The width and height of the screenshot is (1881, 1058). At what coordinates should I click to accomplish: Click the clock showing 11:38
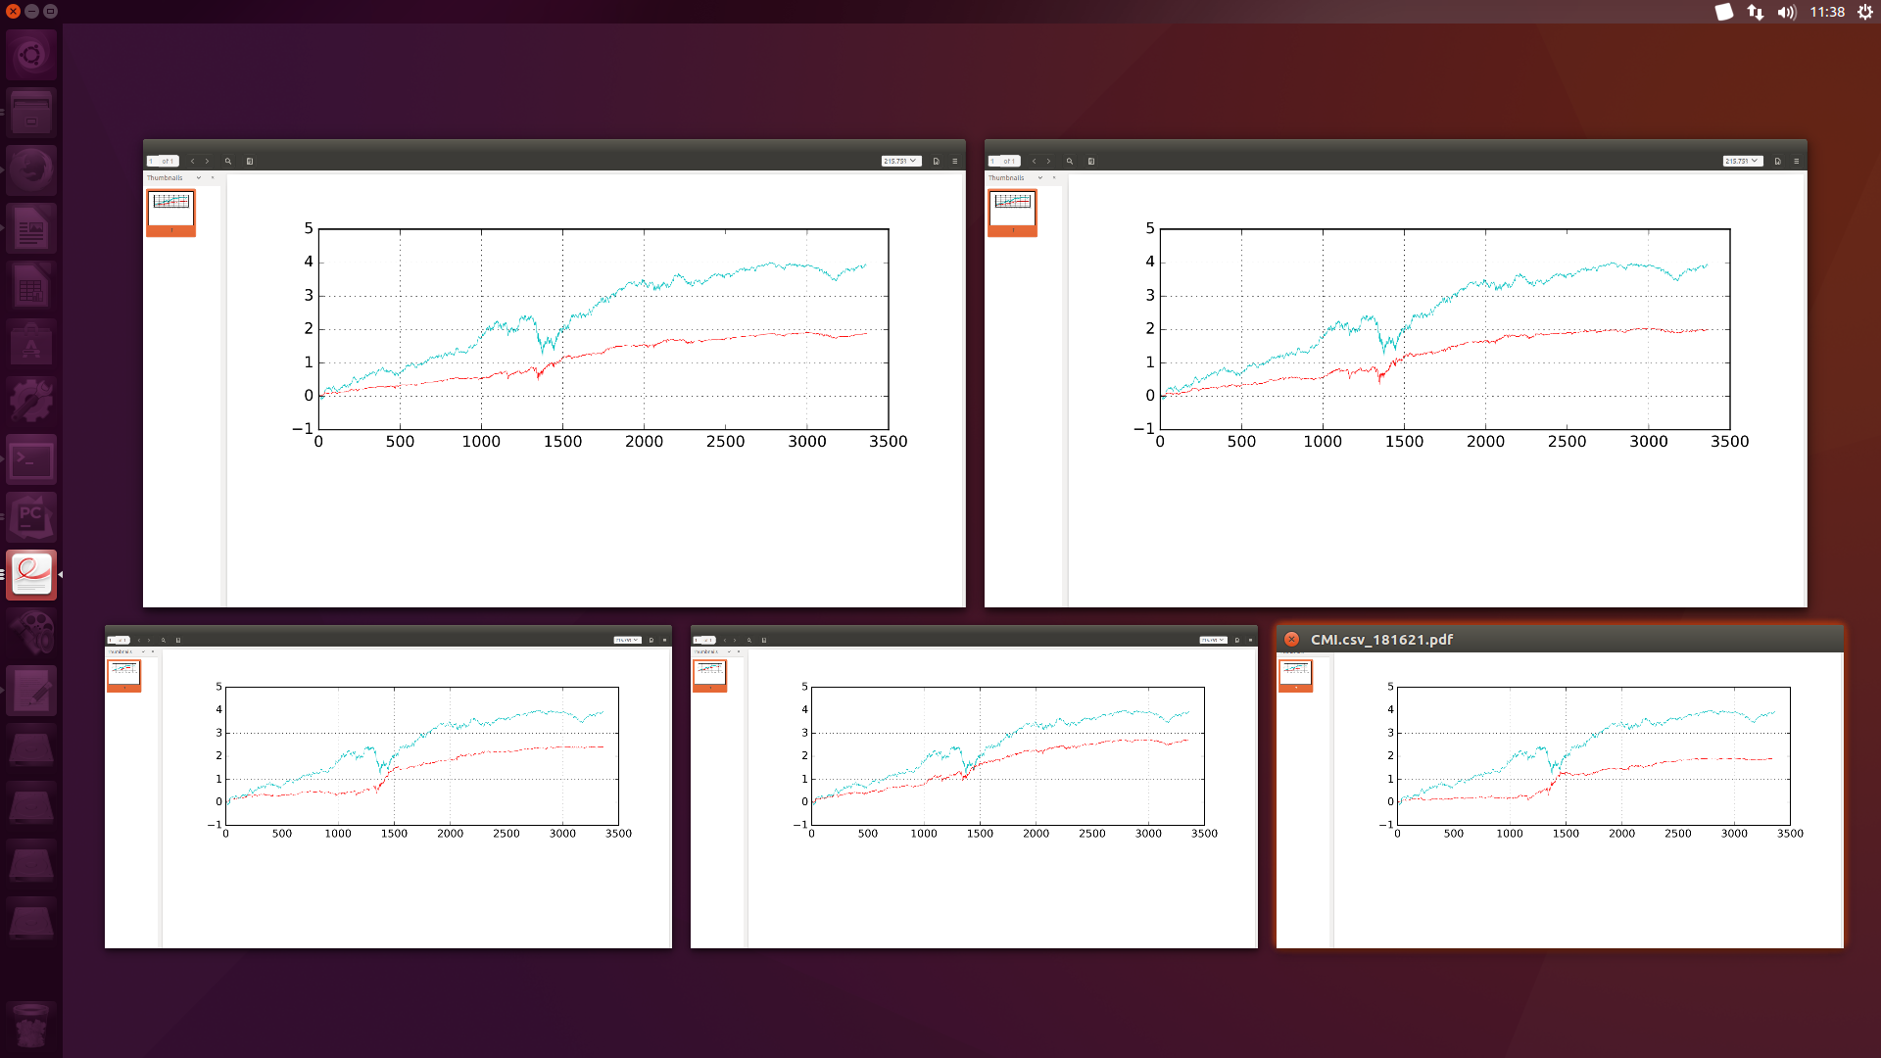[1827, 12]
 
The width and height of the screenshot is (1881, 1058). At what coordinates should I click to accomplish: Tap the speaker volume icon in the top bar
[1787, 13]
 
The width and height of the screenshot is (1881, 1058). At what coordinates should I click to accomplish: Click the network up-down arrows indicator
[1755, 13]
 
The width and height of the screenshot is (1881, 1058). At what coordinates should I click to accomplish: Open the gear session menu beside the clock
[1865, 12]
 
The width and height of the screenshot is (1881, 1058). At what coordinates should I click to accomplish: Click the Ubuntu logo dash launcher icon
[31, 55]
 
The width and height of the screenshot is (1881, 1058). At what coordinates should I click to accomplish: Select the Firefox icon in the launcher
[31, 170]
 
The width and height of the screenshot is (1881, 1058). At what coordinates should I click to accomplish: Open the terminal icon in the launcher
[31, 459]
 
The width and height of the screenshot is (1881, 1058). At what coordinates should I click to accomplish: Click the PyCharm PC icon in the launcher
[31, 517]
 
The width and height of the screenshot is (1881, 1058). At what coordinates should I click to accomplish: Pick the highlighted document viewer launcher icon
[31, 575]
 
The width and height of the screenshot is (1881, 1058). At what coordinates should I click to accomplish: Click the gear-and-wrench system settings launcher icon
[31, 402]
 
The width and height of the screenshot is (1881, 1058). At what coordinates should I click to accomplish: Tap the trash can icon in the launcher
[31, 1026]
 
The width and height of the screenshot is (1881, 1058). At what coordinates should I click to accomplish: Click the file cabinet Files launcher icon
[31, 113]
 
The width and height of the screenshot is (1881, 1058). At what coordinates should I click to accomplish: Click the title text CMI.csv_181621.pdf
[1381, 640]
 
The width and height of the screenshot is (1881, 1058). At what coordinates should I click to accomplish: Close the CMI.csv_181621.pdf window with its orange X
[1291, 640]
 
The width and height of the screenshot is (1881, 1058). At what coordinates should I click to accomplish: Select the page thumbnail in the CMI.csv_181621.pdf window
[1295, 674]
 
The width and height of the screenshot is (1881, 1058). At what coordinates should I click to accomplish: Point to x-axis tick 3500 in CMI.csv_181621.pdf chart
[1790, 834]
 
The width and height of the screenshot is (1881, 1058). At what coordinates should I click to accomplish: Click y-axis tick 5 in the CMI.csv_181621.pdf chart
[1390, 687]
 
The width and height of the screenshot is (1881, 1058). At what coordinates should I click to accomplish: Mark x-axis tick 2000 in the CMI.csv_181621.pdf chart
[1621, 834]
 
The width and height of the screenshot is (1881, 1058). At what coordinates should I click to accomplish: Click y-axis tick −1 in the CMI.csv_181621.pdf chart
[1386, 825]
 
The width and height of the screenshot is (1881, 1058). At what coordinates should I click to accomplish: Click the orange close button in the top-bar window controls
[13, 12]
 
